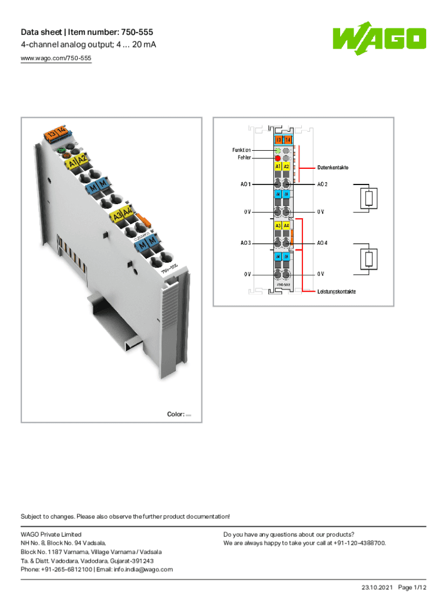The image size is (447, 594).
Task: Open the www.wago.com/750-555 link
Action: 56,59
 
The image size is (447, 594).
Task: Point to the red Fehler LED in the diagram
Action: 277,158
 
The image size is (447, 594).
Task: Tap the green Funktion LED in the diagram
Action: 277,150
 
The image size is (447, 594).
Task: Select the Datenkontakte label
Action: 333,168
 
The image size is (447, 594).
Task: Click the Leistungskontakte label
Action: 336,291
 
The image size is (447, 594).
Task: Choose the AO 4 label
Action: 322,243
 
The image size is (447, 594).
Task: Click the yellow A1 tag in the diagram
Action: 278,166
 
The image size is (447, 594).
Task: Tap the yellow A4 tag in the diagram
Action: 287,225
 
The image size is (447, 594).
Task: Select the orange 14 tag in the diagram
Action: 287,140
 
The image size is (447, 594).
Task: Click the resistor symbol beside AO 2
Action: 368,199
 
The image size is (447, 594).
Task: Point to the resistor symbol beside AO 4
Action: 368,258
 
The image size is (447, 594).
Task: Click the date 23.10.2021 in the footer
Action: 376,588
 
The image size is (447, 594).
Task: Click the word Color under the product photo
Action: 175,414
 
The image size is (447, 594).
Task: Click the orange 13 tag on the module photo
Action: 52,135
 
